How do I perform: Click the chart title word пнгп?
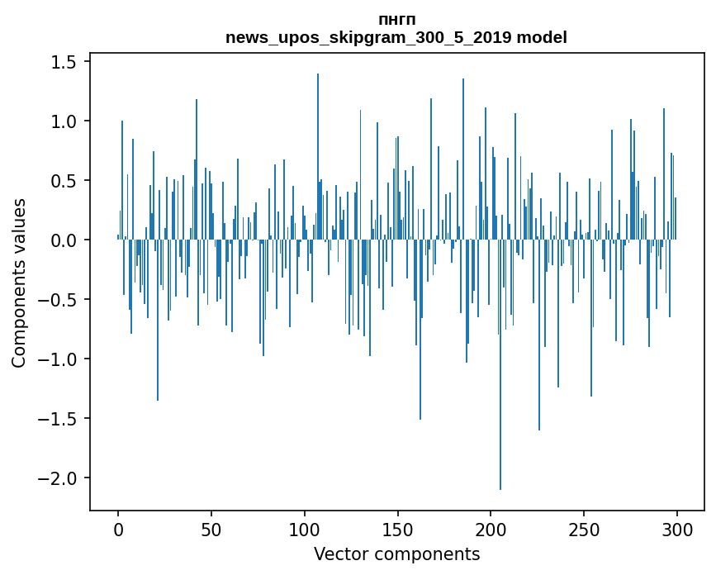(396, 20)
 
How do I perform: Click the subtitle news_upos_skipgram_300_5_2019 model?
(396, 37)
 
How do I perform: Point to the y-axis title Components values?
(18, 283)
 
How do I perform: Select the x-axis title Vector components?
(396, 554)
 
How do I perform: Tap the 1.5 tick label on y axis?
(59, 62)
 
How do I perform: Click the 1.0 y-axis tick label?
(59, 121)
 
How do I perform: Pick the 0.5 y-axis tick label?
(59, 181)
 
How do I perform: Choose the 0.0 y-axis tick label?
(59, 240)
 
